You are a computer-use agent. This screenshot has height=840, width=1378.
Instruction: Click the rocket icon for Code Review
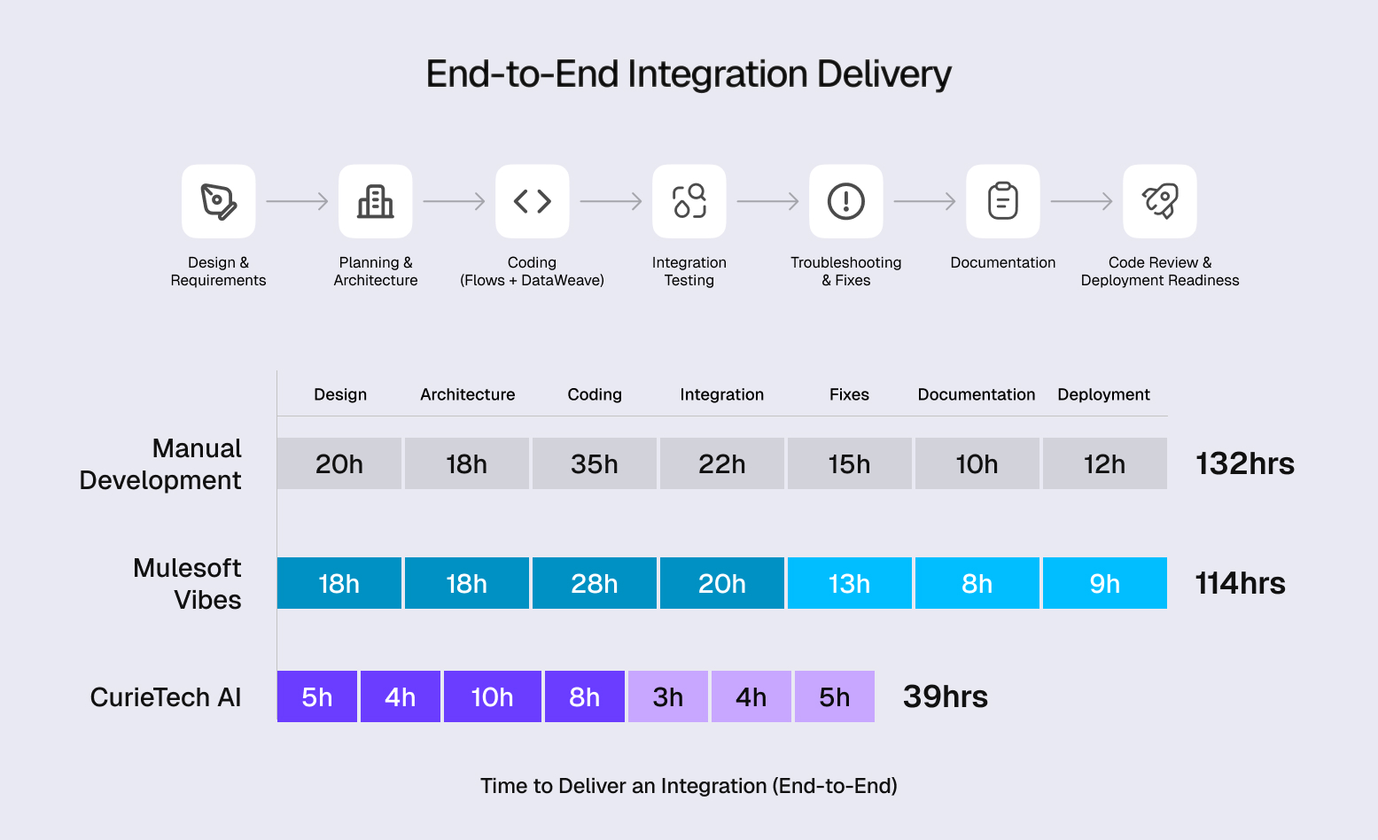click(1159, 201)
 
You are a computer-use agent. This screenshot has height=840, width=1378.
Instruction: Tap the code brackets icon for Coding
click(532, 201)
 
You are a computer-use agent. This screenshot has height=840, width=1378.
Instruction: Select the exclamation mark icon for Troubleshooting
click(845, 201)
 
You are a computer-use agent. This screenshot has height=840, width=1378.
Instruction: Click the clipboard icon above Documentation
click(1002, 201)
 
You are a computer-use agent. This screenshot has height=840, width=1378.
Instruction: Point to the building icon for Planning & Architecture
click(375, 201)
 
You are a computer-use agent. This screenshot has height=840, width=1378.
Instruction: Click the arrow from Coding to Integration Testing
click(611, 201)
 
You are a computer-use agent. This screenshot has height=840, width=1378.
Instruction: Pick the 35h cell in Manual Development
click(594, 463)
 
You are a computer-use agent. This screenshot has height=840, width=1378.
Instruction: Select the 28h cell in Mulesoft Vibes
click(594, 583)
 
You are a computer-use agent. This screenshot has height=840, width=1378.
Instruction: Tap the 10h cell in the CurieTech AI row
click(492, 696)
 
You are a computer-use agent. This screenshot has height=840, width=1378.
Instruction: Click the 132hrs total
click(1244, 463)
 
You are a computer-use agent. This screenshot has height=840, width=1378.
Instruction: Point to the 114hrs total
click(1240, 583)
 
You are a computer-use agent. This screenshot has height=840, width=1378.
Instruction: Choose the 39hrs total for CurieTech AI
click(945, 696)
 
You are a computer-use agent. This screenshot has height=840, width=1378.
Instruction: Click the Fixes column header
click(849, 394)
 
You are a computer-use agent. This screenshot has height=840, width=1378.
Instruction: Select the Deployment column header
click(1103, 394)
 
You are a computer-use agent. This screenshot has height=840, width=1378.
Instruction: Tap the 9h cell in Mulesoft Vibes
click(1104, 583)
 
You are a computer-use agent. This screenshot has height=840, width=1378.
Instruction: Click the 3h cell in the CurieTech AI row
click(667, 696)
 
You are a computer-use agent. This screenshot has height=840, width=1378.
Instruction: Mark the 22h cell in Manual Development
click(721, 463)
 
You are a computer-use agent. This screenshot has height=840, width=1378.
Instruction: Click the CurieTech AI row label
click(166, 697)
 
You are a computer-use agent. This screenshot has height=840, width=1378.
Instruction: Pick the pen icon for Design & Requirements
click(218, 201)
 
